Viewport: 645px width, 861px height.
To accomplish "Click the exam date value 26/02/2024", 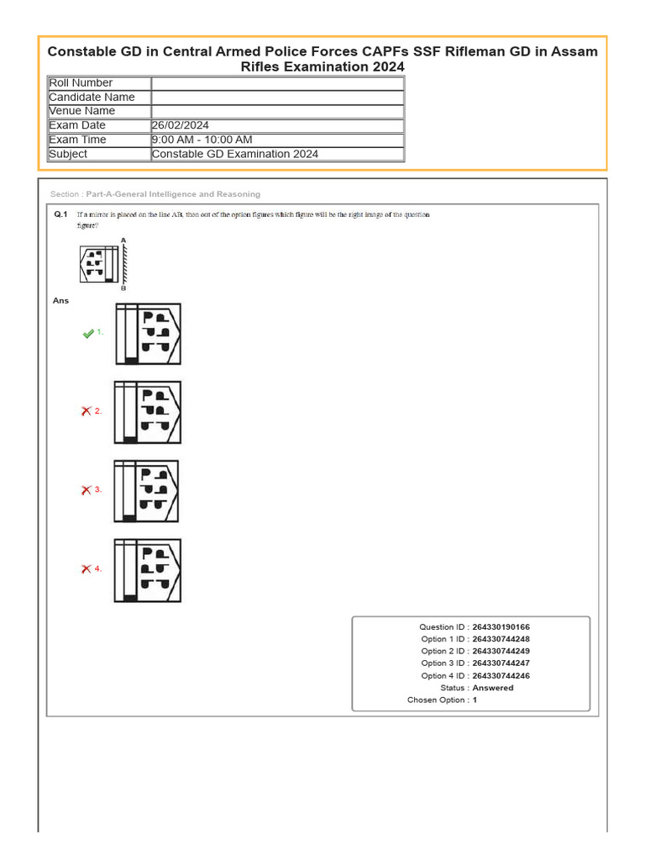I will pyautogui.click(x=181, y=125).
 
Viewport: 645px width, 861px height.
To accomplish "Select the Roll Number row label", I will pyautogui.click(x=81, y=83).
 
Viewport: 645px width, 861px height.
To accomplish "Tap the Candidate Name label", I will pyautogui.click(x=92, y=98).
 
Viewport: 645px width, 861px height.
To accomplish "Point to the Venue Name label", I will pyautogui.click(x=82, y=111).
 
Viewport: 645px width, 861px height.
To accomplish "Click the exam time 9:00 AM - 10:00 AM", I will pyautogui.click(x=202, y=140).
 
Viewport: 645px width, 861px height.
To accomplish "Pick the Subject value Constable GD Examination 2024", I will pyautogui.click(x=234, y=154).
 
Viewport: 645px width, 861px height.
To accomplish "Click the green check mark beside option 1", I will pyautogui.click(x=88, y=334).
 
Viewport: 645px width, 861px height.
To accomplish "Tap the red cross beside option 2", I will pyautogui.click(x=86, y=411).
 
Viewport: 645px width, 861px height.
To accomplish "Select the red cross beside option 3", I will pyautogui.click(x=86, y=490).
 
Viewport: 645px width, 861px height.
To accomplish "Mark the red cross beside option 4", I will pyautogui.click(x=86, y=569).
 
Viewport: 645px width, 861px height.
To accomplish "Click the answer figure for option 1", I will pyautogui.click(x=148, y=334).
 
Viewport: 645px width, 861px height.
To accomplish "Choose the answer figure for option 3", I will pyautogui.click(x=147, y=491).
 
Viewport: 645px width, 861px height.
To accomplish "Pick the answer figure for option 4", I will pyautogui.click(x=148, y=570).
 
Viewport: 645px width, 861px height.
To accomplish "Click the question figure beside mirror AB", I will pyautogui.click(x=98, y=263).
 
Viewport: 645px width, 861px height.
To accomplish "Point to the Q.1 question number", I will pyautogui.click(x=60, y=215).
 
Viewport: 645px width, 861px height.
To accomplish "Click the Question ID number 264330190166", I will pyautogui.click(x=501, y=627).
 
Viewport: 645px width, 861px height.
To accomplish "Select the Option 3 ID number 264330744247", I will pyautogui.click(x=501, y=663).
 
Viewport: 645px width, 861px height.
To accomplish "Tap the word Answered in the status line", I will pyautogui.click(x=493, y=688).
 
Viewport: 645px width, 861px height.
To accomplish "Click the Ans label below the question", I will pyautogui.click(x=60, y=300).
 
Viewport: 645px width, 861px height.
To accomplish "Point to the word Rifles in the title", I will pyautogui.click(x=261, y=66).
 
